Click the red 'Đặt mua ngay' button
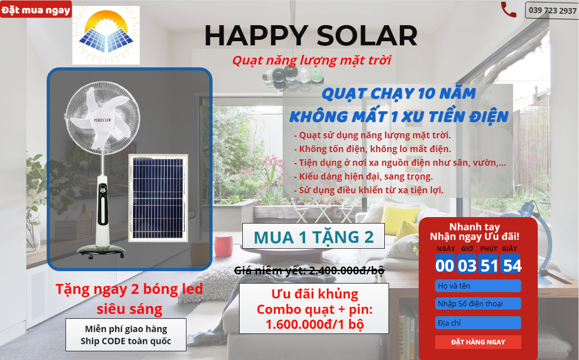36,10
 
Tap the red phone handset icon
508,10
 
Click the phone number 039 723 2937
552,11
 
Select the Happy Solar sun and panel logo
106,35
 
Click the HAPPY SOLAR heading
311,36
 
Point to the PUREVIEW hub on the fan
102,120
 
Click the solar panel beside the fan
158,198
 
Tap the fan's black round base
101,251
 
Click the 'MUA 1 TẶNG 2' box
313,236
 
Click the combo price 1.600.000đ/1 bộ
315,324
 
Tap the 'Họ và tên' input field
478,286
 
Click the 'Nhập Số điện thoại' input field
478,303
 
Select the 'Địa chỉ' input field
478,323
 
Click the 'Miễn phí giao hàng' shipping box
126,335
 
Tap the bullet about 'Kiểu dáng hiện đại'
363,176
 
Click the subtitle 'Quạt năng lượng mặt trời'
311,60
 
